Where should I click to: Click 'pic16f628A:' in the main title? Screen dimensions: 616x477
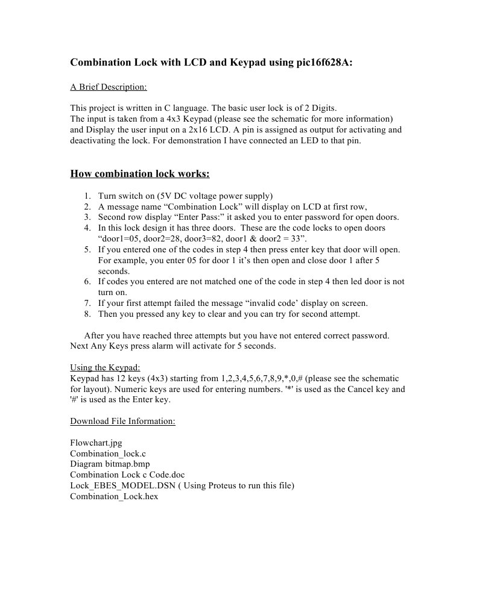[x=320, y=62]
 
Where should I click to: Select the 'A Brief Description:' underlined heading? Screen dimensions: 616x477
[x=109, y=87]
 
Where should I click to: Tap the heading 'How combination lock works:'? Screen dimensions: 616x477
[x=140, y=174]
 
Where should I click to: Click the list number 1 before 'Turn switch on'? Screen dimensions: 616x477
[x=87, y=196]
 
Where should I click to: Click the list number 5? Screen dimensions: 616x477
[x=87, y=250]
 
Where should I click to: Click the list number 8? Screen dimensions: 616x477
[x=87, y=314]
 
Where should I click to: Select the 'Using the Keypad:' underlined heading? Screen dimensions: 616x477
[x=105, y=368]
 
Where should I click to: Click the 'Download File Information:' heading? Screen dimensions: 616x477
[x=122, y=421]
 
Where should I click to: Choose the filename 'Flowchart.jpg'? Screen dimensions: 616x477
[x=96, y=443]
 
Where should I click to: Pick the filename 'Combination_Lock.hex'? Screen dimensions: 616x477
[x=114, y=497]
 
